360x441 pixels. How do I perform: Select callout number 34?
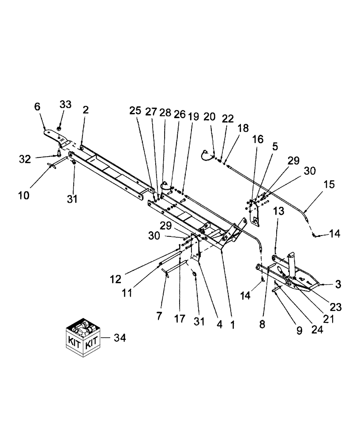coord(120,338)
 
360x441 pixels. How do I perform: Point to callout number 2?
coord(86,110)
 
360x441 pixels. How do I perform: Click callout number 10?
coord(24,194)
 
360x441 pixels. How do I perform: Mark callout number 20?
coord(210,117)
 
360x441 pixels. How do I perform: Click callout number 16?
coord(257,139)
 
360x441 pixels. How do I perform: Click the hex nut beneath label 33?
coord(58,129)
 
